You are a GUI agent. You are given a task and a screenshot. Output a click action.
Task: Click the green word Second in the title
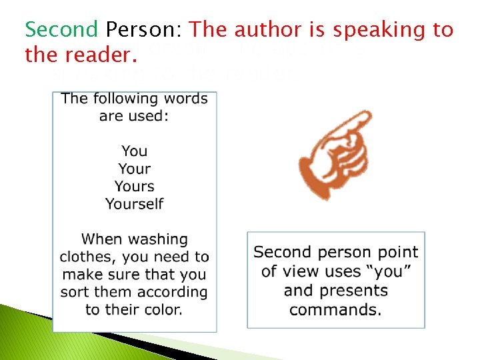pyautogui.click(x=61, y=30)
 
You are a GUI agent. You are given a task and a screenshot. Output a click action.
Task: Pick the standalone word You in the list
pyautogui.click(x=134, y=151)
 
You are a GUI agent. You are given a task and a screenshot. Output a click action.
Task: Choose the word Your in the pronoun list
pyautogui.click(x=134, y=169)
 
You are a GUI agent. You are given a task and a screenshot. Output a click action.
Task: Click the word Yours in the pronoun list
pyautogui.click(x=134, y=186)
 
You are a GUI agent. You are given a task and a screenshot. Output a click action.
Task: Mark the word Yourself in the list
pyautogui.click(x=134, y=203)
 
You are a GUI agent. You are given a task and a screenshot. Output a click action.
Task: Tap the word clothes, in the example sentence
pyautogui.click(x=87, y=257)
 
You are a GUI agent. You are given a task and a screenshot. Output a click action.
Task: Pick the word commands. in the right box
pyautogui.click(x=335, y=310)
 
